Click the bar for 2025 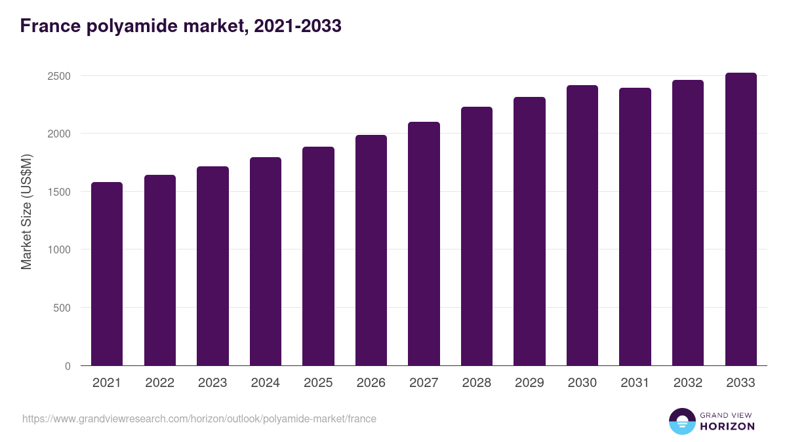[x=318, y=256]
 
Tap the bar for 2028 [x=477, y=236]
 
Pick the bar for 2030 [x=582, y=225]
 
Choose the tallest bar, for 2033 [x=740, y=219]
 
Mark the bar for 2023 [x=212, y=266]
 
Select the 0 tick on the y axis [x=68, y=366]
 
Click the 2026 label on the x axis [x=371, y=383]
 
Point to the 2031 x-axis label [x=635, y=383]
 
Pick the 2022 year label [x=160, y=383]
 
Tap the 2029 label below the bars [x=529, y=383]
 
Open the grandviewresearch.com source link [x=199, y=418]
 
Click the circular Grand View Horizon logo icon [x=681, y=421]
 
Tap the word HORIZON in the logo [x=727, y=426]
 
